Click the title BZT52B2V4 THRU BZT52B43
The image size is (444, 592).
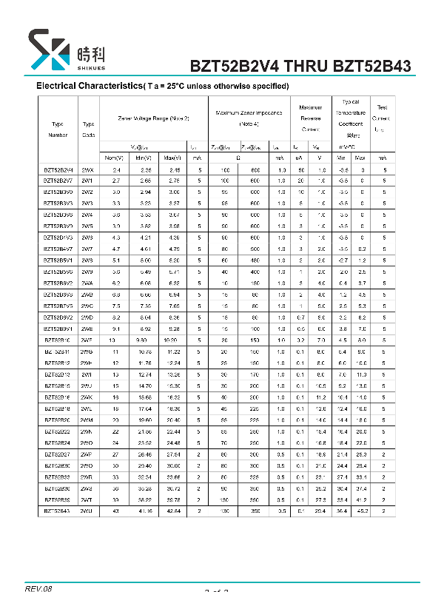coord(300,66)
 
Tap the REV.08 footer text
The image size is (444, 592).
coord(38,588)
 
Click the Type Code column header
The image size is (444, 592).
coord(89,129)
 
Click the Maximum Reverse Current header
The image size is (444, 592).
coord(311,118)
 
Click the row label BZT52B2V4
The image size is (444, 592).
coord(58,170)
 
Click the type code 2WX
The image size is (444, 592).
coord(88,170)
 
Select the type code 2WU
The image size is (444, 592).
coord(87,511)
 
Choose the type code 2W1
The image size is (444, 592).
coord(87,180)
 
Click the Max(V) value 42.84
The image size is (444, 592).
coord(172,511)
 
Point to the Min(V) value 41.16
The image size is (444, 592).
coord(144,511)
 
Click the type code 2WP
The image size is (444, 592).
coord(87,454)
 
